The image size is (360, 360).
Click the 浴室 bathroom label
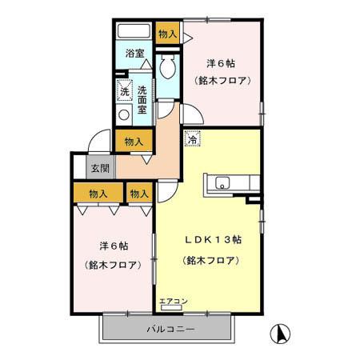134,54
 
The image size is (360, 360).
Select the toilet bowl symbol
168,64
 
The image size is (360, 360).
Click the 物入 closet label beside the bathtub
167,34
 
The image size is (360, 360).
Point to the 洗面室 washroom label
142,100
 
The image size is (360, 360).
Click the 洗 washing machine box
124,90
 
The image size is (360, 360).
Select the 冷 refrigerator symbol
192,139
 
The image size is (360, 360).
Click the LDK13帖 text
214,239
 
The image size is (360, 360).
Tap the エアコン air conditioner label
173,302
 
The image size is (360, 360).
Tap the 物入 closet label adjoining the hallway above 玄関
134,142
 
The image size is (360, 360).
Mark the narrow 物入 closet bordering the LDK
140,194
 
